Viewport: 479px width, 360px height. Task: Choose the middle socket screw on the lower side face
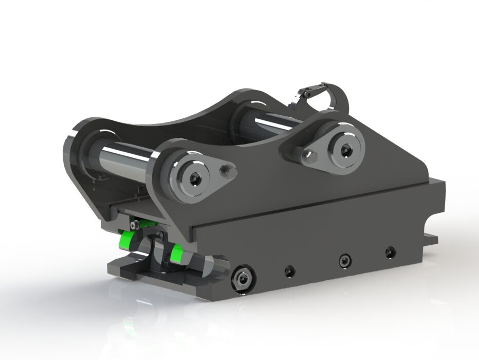pyautogui.click(x=343, y=261)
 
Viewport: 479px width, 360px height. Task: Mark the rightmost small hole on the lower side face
pyautogui.click(x=391, y=252)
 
